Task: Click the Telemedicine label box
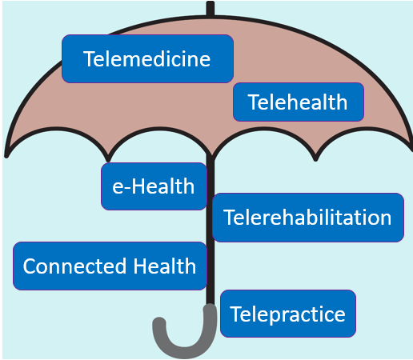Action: coord(147,58)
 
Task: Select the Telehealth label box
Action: coord(299,102)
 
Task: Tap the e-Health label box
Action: coord(154,186)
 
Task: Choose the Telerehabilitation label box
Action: coord(308,218)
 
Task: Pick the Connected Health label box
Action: coord(110,266)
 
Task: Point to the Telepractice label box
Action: coord(288,314)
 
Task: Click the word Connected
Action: coord(74,266)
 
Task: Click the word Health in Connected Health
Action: coord(165,266)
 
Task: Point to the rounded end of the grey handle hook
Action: coord(159,323)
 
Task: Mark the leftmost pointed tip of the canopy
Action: coord(6,155)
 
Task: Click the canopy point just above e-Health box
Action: coord(108,159)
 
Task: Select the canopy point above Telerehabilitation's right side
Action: coord(315,158)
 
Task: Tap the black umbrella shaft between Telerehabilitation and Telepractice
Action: coord(211,266)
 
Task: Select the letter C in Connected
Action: coord(30,266)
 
